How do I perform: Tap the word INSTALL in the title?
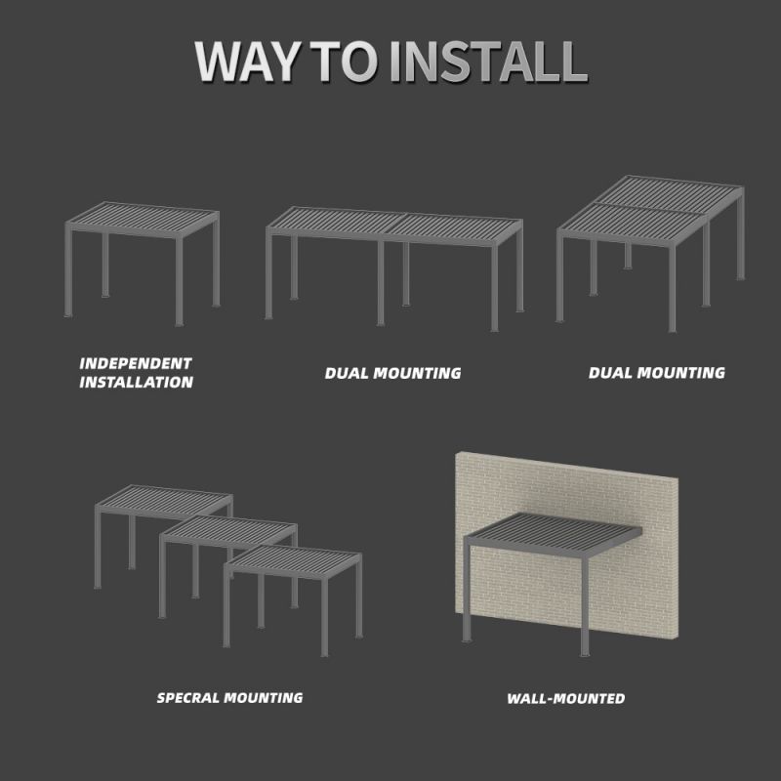[x=488, y=62]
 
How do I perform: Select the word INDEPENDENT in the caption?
[x=136, y=363]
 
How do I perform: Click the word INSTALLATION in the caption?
[x=136, y=382]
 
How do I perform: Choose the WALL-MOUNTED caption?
[x=566, y=698]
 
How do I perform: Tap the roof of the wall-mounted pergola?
[x=553, y=534]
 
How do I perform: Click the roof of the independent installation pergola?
[x=142, y=219]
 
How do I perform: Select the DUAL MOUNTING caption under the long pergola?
[x=393, y=373]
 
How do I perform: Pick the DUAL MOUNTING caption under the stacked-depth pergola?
[x=656, y=373]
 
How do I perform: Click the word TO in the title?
[x=344, y=62]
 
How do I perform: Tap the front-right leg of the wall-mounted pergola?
[x=585, y=606]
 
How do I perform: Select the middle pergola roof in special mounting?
[x=228, y=531]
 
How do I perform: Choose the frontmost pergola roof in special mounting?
[x=293, y=561]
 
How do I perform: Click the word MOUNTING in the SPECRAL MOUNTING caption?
[x=263, y=698]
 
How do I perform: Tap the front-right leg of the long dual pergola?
[x=494, y=288]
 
